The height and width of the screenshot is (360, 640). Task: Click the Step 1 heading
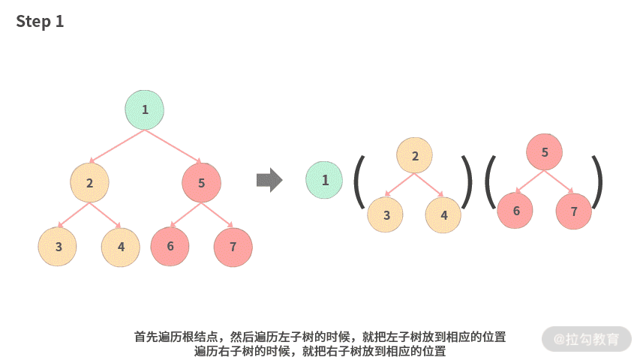pos(41,22)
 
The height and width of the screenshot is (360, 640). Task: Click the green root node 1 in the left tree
pos(144,109)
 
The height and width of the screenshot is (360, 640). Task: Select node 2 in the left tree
pos(89,182)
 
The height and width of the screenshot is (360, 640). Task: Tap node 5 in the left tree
pos(201,182)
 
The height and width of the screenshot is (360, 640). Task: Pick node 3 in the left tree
pos(58,247)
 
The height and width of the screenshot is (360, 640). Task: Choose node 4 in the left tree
pos(121,247)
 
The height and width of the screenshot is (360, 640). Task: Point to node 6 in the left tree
pos(170,247)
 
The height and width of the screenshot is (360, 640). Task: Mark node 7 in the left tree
pos(233,247)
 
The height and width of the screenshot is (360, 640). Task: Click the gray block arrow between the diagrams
pos(269,180)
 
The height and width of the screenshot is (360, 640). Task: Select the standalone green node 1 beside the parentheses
pos(324,180)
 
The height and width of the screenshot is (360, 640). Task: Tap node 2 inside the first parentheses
pos(416,156)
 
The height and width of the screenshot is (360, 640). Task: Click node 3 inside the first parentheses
pos(386,215)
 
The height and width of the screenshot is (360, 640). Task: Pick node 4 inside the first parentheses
pos(444,215)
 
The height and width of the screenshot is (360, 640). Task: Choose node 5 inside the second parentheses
pos(545,152)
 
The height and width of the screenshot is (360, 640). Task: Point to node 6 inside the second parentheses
pos(516,211)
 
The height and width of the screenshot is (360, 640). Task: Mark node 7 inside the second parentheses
pos(574,211)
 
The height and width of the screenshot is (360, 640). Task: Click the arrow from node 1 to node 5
pos(173,147)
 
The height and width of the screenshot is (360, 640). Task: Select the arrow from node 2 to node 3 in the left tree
pos(74,215)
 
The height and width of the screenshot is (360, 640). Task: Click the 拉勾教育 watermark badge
pos(587,339)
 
